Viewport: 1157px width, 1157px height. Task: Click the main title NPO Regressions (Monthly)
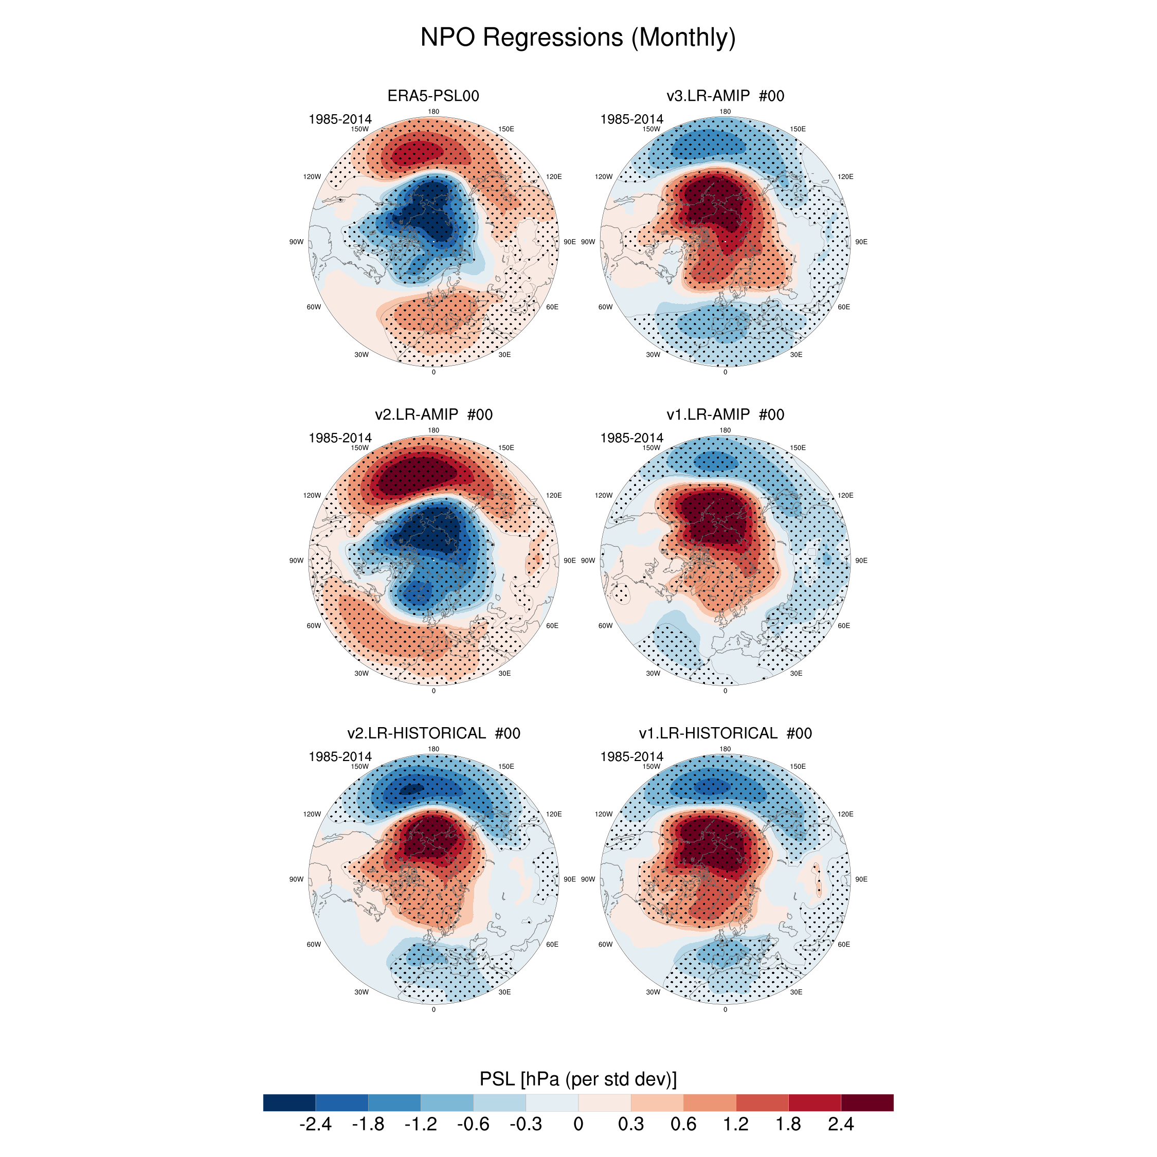click(578, 37)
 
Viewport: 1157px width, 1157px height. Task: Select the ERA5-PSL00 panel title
click(433, 96)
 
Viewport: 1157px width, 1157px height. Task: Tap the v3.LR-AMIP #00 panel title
click(725, 96)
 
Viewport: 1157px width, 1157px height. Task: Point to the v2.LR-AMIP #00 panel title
click(433, 414)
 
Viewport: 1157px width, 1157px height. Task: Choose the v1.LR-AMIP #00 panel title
click(725, 414)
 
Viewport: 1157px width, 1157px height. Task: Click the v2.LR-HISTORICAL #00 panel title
click(433, 733)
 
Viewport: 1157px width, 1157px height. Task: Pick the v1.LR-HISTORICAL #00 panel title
click(725, 733)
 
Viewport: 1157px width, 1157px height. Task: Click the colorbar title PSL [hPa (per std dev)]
click(578, 1078)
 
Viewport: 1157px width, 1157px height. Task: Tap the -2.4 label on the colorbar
click(315, 1124)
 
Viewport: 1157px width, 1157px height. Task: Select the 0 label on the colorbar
click(578, 1124)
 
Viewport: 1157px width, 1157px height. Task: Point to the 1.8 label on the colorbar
click(788, 1124)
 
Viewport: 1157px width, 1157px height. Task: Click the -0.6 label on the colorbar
click(473, 1124)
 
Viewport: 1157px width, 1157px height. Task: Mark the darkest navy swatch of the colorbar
click(289, 1102)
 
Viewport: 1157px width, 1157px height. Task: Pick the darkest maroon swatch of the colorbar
click(867, 1102)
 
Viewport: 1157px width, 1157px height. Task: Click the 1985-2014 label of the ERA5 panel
click(339, 119)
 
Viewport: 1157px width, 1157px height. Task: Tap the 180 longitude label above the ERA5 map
click(433, 112)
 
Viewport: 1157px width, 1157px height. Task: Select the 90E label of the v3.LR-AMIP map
click(861, 242)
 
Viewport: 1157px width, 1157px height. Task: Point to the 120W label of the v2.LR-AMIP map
click(312, 495)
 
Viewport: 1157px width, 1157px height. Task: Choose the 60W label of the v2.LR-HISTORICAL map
click(314, 945)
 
